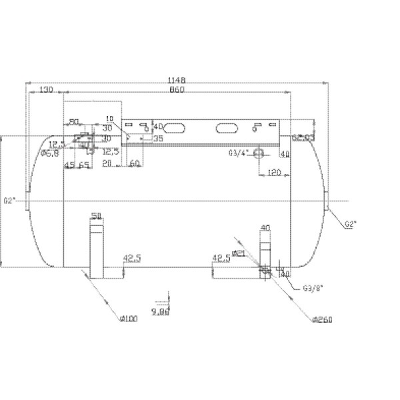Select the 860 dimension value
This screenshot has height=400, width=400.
pos(177,89)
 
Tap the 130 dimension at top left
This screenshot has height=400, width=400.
pos(46,89)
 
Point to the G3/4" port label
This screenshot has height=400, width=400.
pos(237,153)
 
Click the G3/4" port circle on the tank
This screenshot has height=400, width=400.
pos(259,153)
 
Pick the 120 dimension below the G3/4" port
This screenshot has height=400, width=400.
pos(273,172)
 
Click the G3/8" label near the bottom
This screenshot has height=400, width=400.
pos(312,289)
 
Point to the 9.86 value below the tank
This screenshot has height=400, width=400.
pos(161,311)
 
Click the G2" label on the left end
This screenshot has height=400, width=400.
pos(9,200)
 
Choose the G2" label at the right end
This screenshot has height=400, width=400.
pos(351,224)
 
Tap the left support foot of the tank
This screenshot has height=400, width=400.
pos(97,250)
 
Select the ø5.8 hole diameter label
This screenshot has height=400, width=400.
pos(51,153)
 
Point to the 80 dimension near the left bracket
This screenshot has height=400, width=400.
pos(74,122)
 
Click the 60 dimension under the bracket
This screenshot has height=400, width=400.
pos(134,163)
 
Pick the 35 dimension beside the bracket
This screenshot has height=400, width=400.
pos(157,139)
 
